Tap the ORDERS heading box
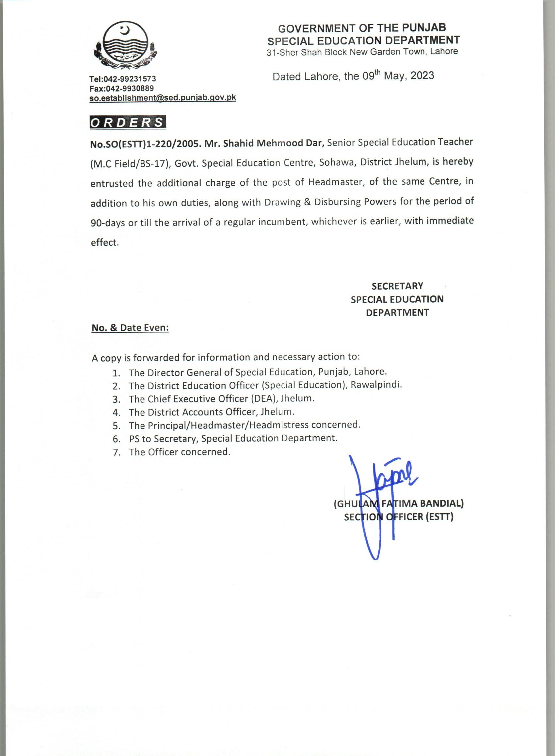(x=128, y=123)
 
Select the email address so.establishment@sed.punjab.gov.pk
(x=163, y=98)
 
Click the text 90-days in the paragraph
(x=107, y=223)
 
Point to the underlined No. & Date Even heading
(x=130, y=328)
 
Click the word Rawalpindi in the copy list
(x=376, y=385)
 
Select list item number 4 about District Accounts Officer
(x=211, y=412)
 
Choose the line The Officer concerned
(x=180, y=452)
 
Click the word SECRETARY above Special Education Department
(x=397, y=286)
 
